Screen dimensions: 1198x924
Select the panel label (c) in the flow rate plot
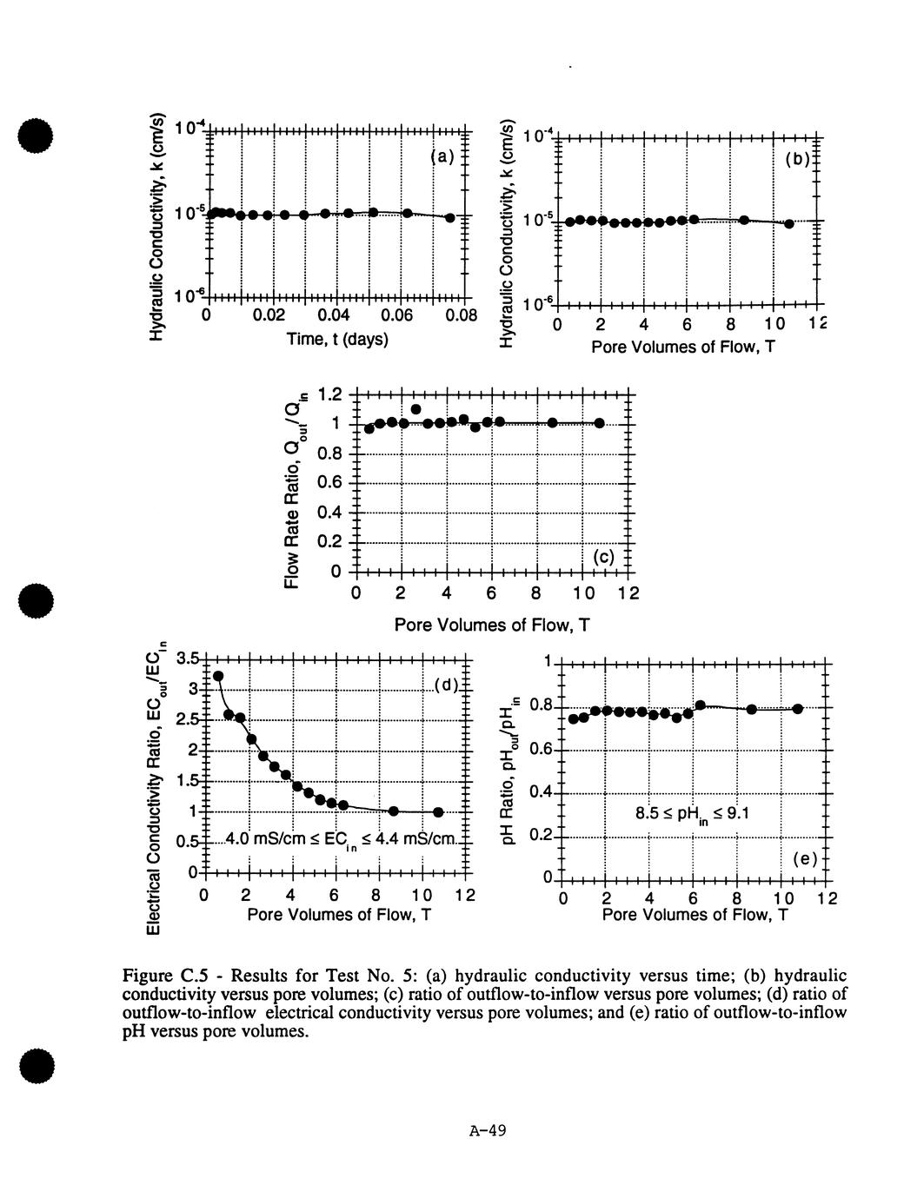602,557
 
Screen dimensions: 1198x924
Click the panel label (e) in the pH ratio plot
806,859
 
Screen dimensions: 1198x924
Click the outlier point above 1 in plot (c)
416,409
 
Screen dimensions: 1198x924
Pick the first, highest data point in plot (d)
218,676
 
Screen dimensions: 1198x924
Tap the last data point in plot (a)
449,217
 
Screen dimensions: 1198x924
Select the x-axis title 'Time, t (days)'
338,339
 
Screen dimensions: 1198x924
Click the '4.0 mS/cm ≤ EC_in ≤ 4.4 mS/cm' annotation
340,841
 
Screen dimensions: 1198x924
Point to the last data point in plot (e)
797,709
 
